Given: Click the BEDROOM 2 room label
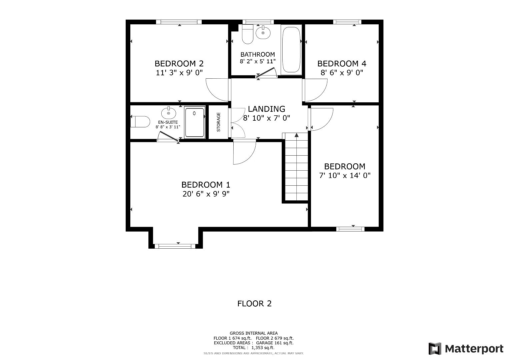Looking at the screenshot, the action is pos(179,63).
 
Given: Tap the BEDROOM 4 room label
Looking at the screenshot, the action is pos(342,64).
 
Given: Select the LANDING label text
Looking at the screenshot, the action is pos(266,109).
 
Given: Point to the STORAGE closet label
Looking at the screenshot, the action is pos(219,122).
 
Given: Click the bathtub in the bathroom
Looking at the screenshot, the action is pos(291,50).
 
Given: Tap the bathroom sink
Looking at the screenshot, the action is pos(263,33).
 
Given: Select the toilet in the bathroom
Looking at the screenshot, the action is pos(247,34).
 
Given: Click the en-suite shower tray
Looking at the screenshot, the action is pos(195,122).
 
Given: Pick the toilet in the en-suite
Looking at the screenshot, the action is pos(140,122).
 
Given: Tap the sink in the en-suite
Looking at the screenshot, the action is pos(169,113).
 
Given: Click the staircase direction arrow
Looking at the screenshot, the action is pos(297,135).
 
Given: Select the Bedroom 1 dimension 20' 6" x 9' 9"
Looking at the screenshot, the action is pos(206,194).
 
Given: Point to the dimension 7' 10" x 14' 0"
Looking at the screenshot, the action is pos(345,175).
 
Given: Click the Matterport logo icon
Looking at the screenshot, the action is pos(435,349).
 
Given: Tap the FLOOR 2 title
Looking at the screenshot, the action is pos(255,304).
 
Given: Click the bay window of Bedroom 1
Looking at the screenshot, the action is pos(175,246).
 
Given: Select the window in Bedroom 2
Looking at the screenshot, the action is pos(179,22).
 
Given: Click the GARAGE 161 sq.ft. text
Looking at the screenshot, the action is pos(275,343).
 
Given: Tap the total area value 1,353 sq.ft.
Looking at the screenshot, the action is pos(263,347).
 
